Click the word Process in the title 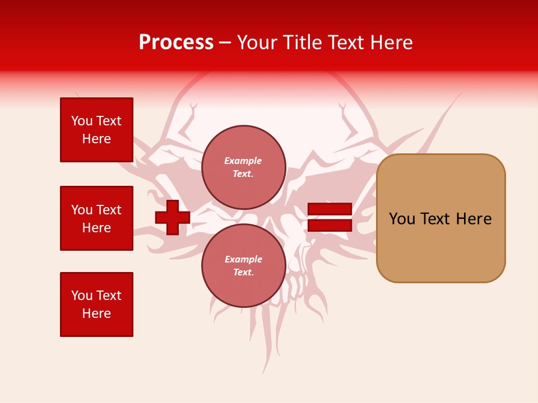click(176, 43)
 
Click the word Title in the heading click(302, 43)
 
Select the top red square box click(96, 130)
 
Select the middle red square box click(96, 218)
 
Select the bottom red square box click(96, 304)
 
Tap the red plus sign click(172, 217)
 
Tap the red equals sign click(330, 217)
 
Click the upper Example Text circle click(244, 167)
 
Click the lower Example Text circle click(244, 266)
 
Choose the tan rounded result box click(441, 218)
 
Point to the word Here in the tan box click(474, 219)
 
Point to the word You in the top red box click(82, 121)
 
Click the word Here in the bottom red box click(96, 313)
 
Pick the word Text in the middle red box click(109, 210)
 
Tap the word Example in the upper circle click(243, 161)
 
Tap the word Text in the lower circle click(243, 273)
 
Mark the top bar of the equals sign click(330, 209)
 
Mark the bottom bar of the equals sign click(330, 225)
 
